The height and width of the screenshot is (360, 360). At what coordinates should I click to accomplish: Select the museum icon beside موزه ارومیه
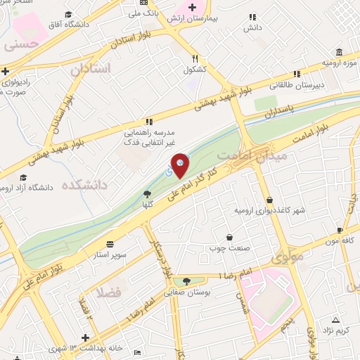click(340, 52)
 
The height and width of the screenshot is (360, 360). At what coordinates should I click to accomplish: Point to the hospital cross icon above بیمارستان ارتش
click(191, 6)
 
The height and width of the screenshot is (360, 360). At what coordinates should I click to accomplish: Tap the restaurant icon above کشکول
click(195, 59)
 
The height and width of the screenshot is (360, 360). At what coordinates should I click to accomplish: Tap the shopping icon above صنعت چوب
click(230, 237)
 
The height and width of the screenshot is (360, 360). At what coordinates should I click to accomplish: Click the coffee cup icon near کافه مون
click(340, 230)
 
